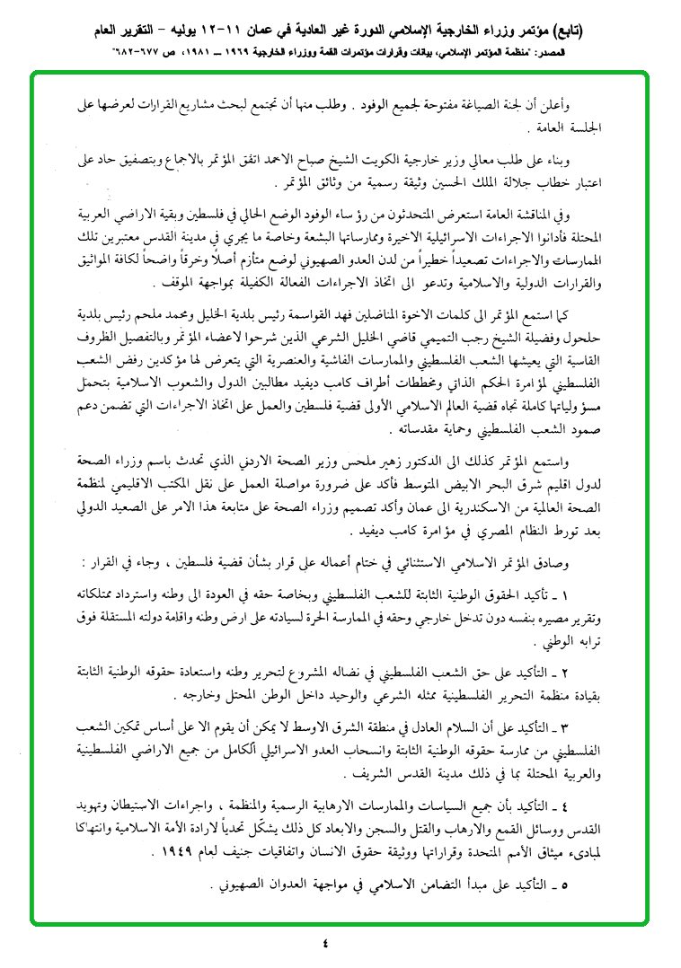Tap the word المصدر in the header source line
648,53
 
